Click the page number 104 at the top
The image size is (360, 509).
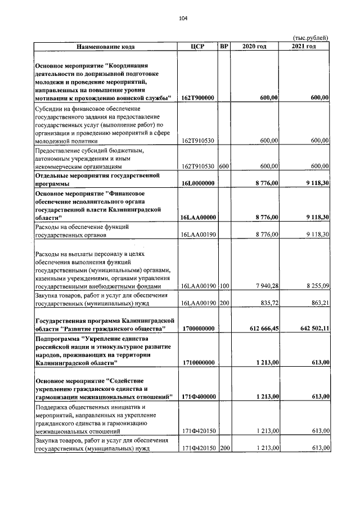[x=183, y=19]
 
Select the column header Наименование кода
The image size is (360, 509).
[x=106, y=46]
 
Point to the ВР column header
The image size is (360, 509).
[x=224, y=46]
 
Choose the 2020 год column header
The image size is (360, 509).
[x=254, y=46]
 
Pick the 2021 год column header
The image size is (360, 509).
[x=304, y=46]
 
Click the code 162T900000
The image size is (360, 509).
[x=198, y=97]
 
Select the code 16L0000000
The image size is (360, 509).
[x=197, y=183]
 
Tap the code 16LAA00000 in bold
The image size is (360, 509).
[x=198, y=217]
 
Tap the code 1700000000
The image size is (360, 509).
[x=198, y=328]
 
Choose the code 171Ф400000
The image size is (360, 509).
[x=198, y=397]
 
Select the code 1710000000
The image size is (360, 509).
[x=198, y=363]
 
